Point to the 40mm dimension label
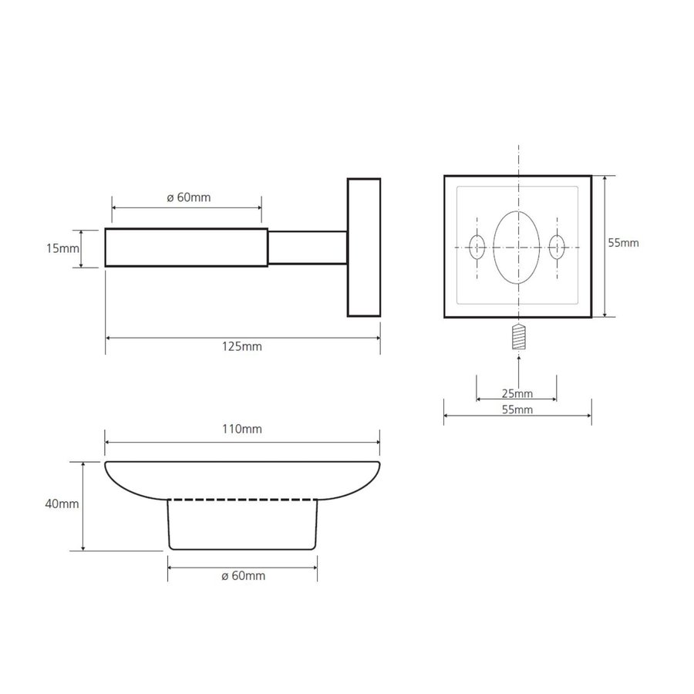click(x=62, y=504)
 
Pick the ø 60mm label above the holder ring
click(x=188, y=197)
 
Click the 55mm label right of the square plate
click(x=623, y=243)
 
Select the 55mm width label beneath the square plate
click(x=517, y=410)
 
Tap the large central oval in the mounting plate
click(x=517, y=247)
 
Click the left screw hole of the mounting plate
click(x=477, y=248)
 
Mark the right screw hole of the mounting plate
click(x=557, y=248)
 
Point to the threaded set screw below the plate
click(x=518, y=337)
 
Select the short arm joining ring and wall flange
click(x=307, y=248)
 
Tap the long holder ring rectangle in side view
click(x=186, y=248)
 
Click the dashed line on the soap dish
click(x=243, y=500)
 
